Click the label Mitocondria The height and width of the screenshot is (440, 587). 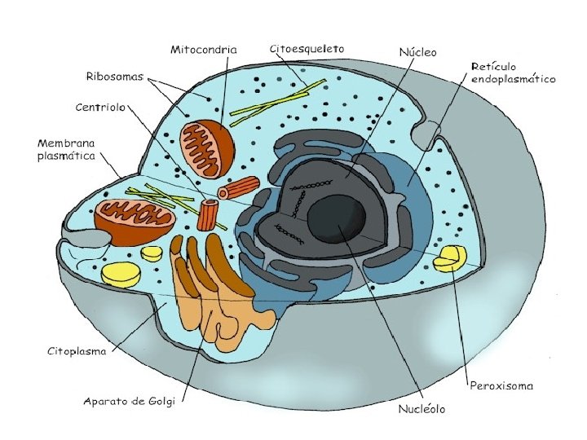204,50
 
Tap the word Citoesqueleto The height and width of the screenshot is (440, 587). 307,49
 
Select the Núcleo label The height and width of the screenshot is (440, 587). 417,52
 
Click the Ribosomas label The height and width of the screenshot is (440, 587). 114,77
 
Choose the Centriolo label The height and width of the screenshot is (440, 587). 99,107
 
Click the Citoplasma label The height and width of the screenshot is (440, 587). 77,353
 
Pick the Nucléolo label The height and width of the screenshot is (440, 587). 421,408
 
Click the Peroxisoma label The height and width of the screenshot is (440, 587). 502,385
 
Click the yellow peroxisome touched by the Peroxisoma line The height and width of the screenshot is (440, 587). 449,259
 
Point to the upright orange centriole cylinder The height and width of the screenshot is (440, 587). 210,215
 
